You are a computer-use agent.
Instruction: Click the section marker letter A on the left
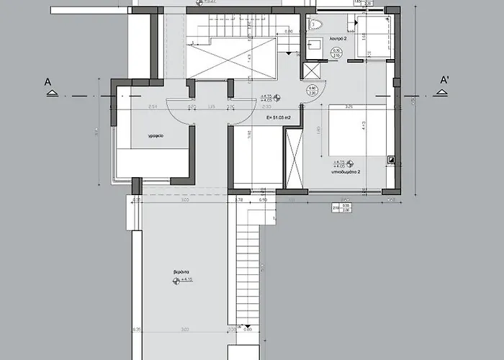pyautogui.click(x=48, y=83)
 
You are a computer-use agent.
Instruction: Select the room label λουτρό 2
pyautogui.click(x=339, y=39)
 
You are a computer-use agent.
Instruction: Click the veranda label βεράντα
pyautogui.click(x=181, y=271)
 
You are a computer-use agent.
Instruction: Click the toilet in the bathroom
pyautogui.click(x=315, y=25)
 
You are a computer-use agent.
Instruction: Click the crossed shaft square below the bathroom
pyautogui.click(x=313, y=71)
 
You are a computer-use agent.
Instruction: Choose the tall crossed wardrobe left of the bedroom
pyautogui.click(x=293, y=158)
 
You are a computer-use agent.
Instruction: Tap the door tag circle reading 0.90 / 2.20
pyautogui.click(x=311, y=91)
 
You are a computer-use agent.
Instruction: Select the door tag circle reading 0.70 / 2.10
pyautogui.click(x=336, y=52)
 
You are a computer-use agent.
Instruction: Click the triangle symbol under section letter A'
pyautogui.click(x=445, y=94)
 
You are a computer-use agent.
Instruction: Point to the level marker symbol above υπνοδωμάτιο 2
pyautogui.click(x=349, y=165)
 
